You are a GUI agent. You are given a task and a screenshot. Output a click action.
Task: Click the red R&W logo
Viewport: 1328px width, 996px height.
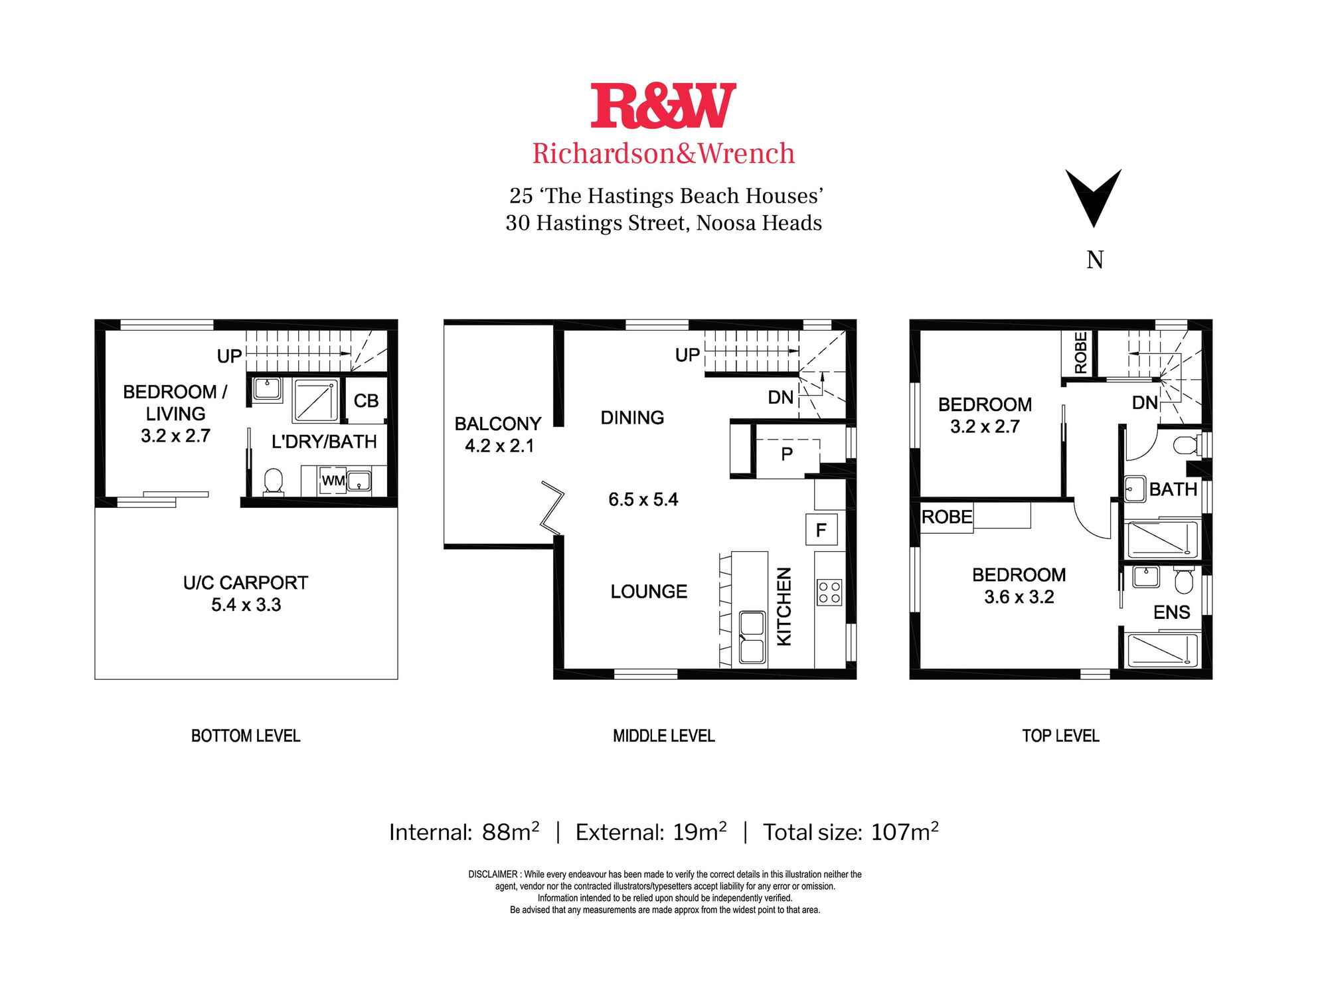point(663,106)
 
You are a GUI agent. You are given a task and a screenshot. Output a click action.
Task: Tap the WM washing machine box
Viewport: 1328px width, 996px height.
point(333,480)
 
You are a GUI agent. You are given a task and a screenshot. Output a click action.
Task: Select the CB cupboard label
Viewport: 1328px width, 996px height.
point(366,401)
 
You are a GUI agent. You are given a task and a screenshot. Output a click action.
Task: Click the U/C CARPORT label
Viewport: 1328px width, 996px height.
point(246,583)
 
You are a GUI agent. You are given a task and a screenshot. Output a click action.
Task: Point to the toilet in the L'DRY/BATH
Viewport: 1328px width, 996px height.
point(274,481)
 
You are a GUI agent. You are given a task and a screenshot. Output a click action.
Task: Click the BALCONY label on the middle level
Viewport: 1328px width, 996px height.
point(498,424)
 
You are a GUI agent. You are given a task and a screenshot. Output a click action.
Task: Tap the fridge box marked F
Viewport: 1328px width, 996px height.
point(821,530)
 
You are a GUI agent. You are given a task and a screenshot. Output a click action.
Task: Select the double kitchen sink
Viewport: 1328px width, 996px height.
point(752,637)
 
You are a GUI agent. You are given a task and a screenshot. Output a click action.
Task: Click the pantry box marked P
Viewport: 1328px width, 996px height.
point(788,455)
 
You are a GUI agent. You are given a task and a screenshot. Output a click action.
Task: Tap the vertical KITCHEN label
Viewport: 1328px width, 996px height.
point(784,606)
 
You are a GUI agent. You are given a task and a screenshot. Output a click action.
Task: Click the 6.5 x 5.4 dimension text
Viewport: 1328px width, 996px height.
point(643,499)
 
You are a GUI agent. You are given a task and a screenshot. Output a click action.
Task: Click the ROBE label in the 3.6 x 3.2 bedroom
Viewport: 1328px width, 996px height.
point(947,517)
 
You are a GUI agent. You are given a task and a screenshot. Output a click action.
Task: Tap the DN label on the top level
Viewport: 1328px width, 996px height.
point(1145,402)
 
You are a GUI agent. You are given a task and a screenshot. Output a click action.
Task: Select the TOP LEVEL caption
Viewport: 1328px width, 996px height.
point(1061,736)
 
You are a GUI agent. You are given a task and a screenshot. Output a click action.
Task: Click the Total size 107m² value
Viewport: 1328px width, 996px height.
point(904,831)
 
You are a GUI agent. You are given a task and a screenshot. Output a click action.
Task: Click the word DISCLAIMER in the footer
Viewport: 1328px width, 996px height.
point(493,874)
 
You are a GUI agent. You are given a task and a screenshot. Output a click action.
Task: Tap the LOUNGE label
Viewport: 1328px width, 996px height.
point(649,592)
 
